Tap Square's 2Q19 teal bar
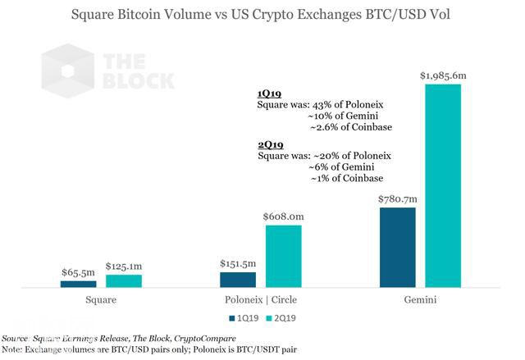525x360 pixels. point(123,280)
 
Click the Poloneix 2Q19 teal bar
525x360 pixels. point(282,256)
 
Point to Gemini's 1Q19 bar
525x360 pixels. point(398,248)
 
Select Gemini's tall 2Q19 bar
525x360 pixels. point(443,185)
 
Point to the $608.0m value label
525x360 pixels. point(282,216)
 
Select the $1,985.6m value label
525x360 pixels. point(445,75)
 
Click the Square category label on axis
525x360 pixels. point(100,300)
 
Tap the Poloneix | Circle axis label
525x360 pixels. point(260,300)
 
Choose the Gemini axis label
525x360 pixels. point(420,300)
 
